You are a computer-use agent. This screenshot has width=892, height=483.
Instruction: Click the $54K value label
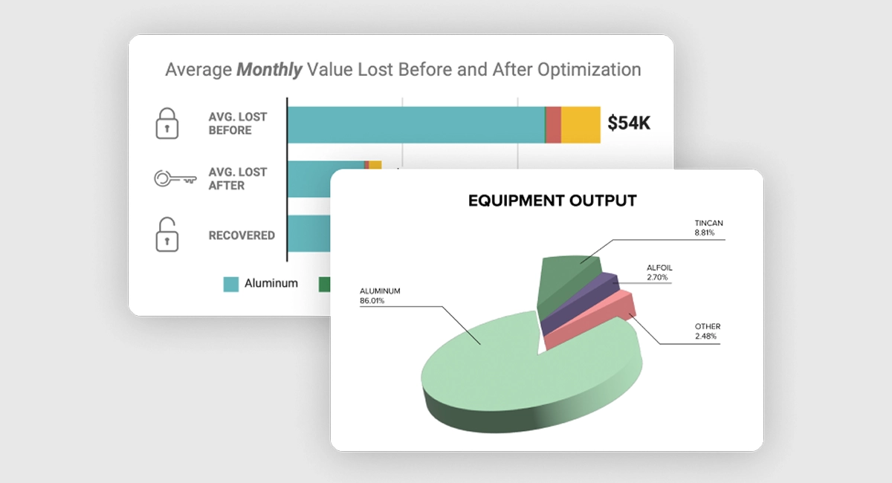[628, 123]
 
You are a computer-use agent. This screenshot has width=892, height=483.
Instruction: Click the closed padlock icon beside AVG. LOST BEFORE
[167, 123]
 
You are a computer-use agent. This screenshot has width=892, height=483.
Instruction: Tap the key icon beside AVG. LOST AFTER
[175, 179]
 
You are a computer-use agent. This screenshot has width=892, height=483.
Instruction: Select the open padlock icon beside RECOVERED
[167, 235]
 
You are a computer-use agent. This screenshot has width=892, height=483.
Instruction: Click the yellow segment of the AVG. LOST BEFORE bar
[581, 125]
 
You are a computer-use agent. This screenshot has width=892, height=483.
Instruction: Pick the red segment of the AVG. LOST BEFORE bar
[553, 125]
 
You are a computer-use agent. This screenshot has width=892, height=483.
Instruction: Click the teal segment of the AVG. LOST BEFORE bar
[416, 125]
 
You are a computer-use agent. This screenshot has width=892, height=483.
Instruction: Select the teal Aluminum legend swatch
[231, 283]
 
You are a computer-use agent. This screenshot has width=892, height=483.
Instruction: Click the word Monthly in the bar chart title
[269, 70]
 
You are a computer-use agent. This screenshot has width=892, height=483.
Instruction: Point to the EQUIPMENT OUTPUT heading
[552, 201]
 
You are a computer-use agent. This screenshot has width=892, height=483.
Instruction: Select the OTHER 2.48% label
[707, 331]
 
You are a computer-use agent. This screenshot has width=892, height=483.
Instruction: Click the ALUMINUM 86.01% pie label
[380, 296]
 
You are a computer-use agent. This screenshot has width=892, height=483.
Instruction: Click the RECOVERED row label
[242, 236]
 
